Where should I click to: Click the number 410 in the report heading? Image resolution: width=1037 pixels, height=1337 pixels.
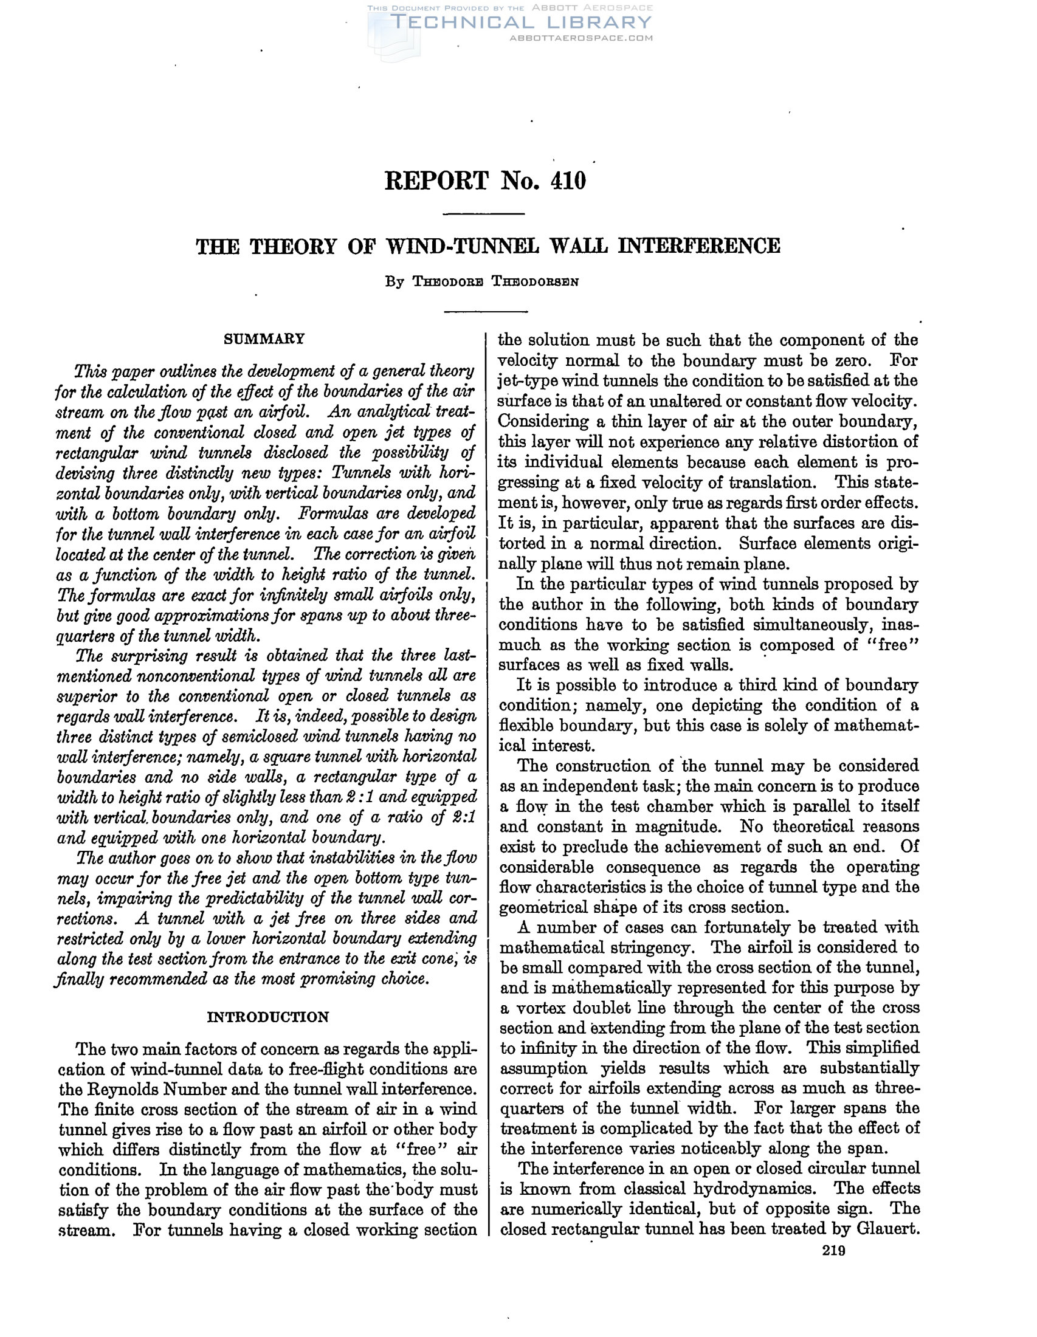click(568, 180)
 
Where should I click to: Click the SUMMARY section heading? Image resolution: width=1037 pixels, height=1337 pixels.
click(264, 339)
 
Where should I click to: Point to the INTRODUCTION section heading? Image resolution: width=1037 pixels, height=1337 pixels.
click(268, 1017)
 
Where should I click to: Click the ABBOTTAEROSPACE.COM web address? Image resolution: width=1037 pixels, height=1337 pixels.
click(581, 38)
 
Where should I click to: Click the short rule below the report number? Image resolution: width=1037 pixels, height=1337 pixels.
click(484, 214)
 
